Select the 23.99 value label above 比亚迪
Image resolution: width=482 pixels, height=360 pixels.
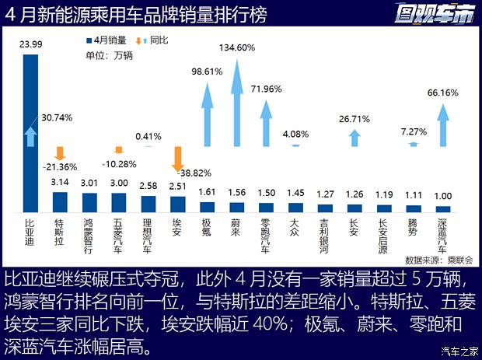pos(30,46)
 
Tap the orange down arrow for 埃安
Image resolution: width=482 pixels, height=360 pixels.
pos(177,159)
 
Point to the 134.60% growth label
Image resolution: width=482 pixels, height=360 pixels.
pos(236,47)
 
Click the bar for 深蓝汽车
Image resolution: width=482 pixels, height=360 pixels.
pos(443,208)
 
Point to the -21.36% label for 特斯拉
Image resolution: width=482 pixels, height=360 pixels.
pos(59,167)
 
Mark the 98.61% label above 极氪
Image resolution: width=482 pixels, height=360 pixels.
pos(207,71)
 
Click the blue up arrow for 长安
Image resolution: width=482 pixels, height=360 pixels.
pos(355,138)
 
